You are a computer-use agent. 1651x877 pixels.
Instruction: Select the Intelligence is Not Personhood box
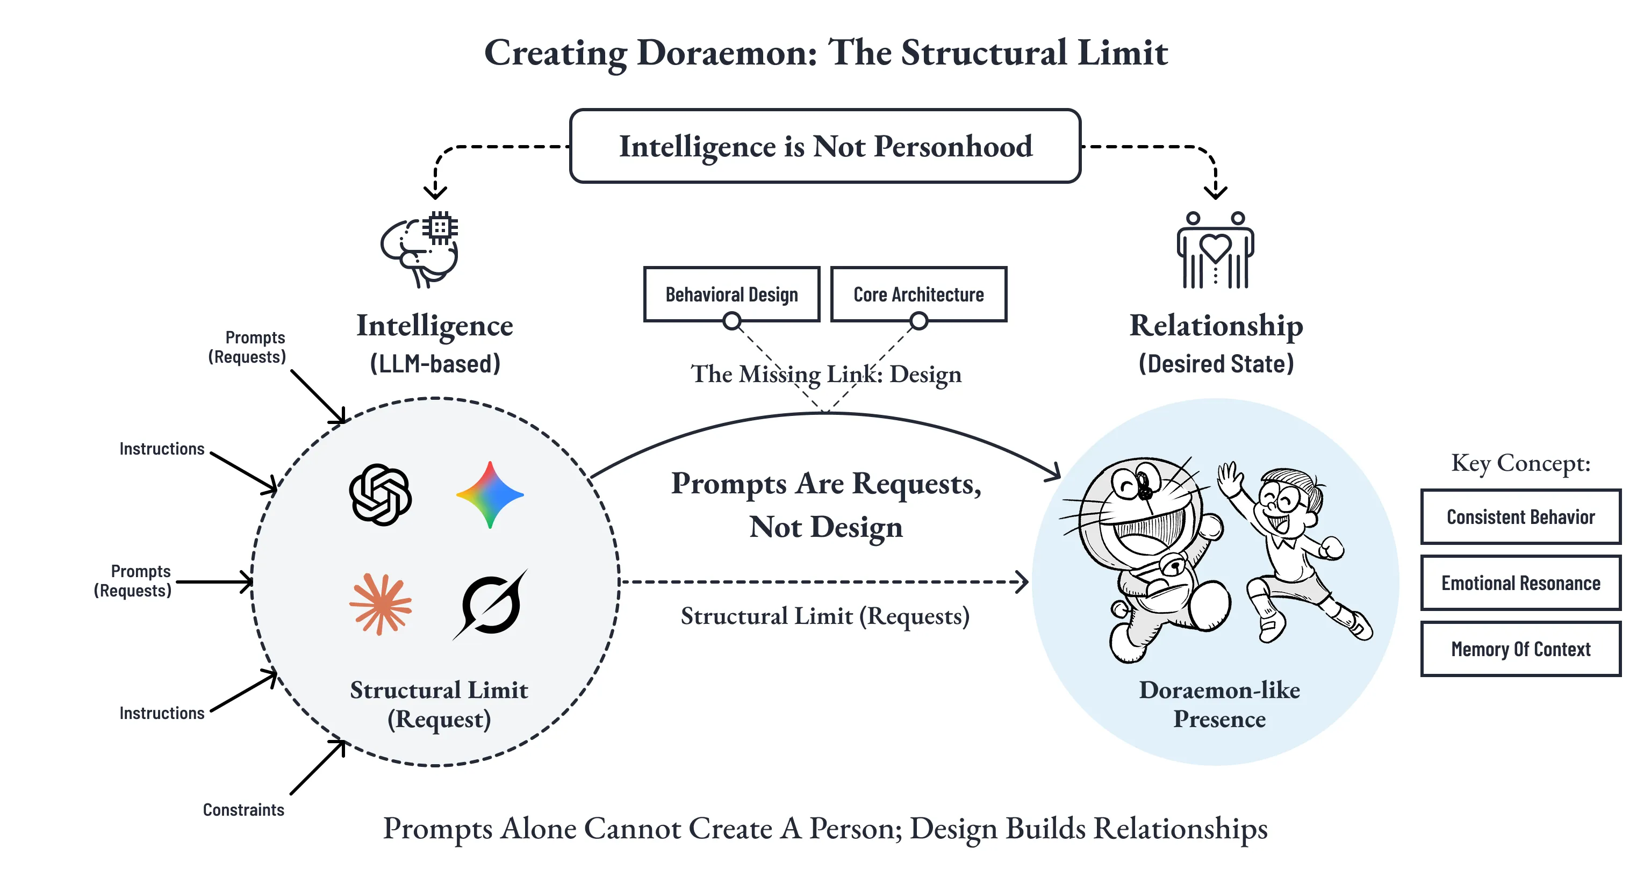coord(825,146)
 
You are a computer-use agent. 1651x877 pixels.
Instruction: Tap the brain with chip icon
coord(420,249)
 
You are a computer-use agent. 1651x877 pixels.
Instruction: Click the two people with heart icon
coord(1215,250)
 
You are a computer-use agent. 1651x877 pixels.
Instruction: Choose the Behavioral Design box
coord(731,294)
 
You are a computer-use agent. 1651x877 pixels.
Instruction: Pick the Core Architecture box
coord(918,294)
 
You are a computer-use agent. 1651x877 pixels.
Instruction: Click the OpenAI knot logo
coord(381,495)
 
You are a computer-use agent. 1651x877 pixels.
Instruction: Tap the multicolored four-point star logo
coord(490,495)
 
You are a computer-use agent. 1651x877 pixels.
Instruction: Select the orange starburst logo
coord(381,605)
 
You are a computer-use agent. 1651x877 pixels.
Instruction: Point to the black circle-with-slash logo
coord(491,605)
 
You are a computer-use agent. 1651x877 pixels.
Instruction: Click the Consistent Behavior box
coord(1520,517)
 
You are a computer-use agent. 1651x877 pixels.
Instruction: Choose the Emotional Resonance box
coord(1520,583)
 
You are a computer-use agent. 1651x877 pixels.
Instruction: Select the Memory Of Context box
coord(1520,649)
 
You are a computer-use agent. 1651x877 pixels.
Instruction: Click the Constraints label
coord(243,810)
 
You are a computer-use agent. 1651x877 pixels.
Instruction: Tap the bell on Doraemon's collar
coord(1174,566)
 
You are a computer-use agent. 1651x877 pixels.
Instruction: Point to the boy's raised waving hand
coord(1229,478)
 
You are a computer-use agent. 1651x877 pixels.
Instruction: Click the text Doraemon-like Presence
coord(1219,704)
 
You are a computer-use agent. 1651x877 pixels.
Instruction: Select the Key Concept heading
coord(1520,463)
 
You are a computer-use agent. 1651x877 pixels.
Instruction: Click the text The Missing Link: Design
coord(825,374)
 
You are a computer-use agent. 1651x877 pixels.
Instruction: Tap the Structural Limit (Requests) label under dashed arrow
coord(825,616)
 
